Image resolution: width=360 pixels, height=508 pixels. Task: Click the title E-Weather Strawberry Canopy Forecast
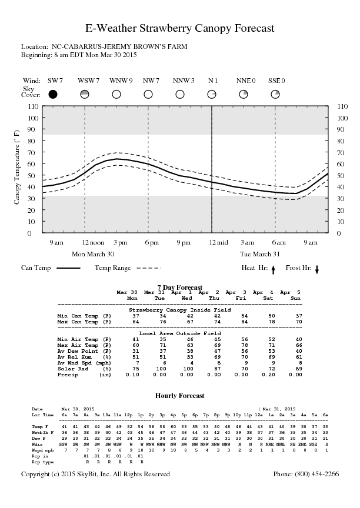[x=180, y=28]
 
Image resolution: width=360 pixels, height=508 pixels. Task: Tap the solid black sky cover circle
[x=53, y=94]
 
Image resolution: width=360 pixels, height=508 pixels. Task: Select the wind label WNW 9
[x=121, y=81]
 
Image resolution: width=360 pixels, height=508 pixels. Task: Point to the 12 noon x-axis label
[x=93, y=242]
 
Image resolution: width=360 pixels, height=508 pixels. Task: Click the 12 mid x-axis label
[x=218, y=242]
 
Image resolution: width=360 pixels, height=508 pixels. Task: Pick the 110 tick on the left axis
[x=33, y=106]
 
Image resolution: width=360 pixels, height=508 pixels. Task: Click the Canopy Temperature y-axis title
[x=16, y=167]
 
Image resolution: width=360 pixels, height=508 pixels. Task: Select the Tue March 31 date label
[x=259, y=254]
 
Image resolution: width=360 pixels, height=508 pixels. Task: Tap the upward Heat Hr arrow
[x=273, y=269]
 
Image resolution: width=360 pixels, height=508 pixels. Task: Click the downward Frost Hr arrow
[x=317, y=269]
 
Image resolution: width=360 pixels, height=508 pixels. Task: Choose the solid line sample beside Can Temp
[x=68, y=268]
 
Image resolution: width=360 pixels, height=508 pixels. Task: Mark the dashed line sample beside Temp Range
[x=148, y=268]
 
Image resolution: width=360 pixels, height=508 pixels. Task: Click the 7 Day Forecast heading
[x=180, y=288]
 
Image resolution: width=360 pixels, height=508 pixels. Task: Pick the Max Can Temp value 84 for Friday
[x=244, y=322]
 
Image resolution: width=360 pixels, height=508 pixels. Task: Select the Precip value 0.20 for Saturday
[x=272, y=375]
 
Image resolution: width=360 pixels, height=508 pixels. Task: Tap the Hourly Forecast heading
[x=180, y=396]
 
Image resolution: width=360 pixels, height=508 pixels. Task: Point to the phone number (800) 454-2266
[x=306, y=474]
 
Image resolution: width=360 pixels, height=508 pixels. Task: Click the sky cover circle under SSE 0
[x=275, y=94]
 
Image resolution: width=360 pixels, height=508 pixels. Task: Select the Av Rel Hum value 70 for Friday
[x=244, y=357]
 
